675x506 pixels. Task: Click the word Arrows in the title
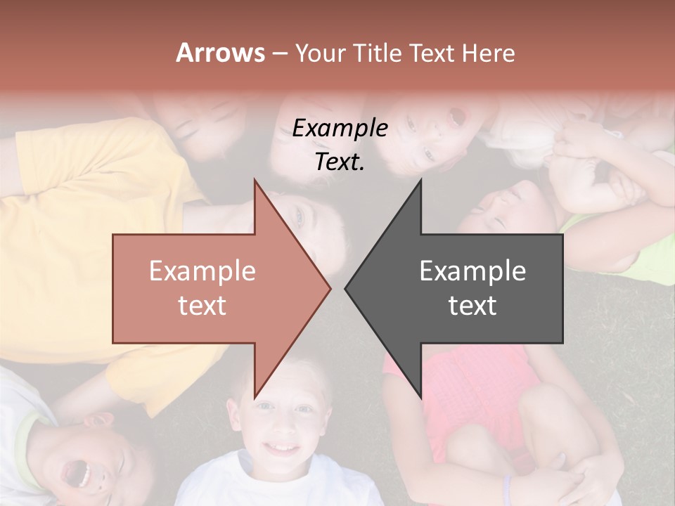pyautogui.click(x=221, y=53)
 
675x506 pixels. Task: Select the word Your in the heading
pyautogui.click(x=321, y=53)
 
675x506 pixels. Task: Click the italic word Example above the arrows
pyautogui.click(x=340, y=129)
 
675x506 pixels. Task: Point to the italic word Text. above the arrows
pyautogui.click(x=340, y=162)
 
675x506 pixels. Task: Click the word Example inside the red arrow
pyautogui.click(x=202, y=271)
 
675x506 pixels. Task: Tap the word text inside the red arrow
pyautogui.click(x=202, y=306)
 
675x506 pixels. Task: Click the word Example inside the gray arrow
pyautogui.click(x=472, y=271)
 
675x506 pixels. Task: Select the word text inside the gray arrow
pyautogui.click(x=472, y=306)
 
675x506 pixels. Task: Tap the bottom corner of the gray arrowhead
pyautogui.click(x=420, y=396)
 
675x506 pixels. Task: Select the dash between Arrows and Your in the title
pyautogui.click(x=279, y=53)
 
